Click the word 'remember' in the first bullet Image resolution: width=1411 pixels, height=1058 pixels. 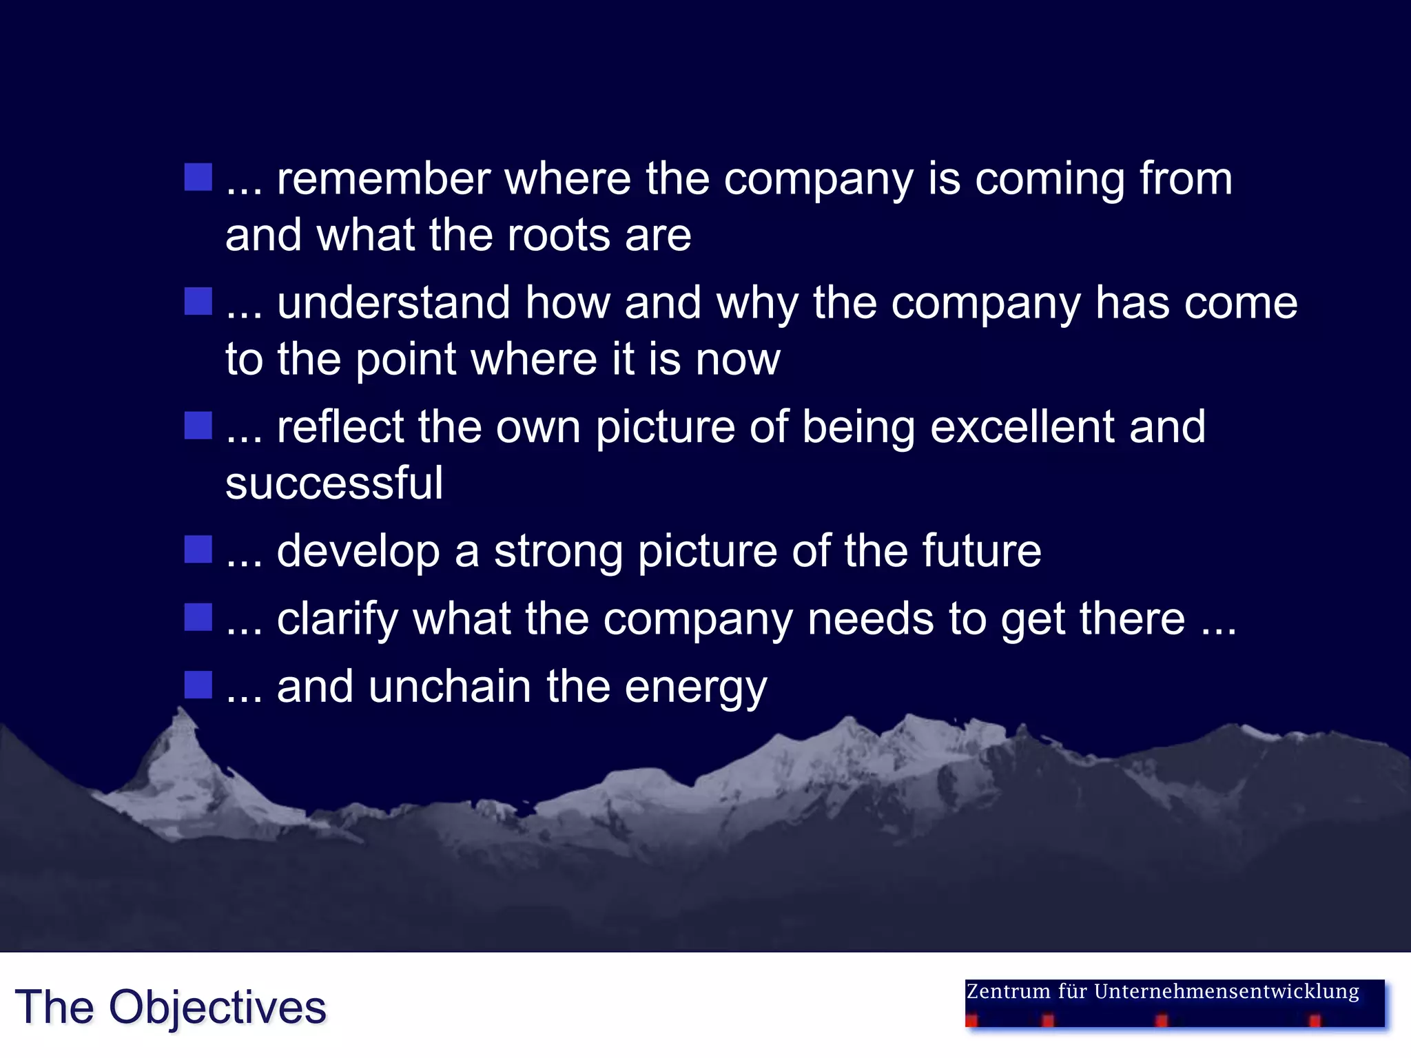(x=383, y=179)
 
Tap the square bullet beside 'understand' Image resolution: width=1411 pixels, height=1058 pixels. (x=198, y=302)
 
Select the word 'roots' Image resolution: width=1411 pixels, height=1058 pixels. (x=559, y=236)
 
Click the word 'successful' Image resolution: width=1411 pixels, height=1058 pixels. (x=334, y=483)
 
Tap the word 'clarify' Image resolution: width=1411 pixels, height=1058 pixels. (x=337, y=619)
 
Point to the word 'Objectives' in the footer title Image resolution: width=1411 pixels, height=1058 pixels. (x=217, y=1008)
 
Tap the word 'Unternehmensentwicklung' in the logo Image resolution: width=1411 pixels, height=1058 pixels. (x=1226, y=992)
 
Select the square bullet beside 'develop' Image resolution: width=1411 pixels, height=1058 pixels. (x=198, y=550)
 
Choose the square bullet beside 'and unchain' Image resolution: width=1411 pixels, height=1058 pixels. (x=198, y=685)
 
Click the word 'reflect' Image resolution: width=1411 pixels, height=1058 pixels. (x=340, y=427)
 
